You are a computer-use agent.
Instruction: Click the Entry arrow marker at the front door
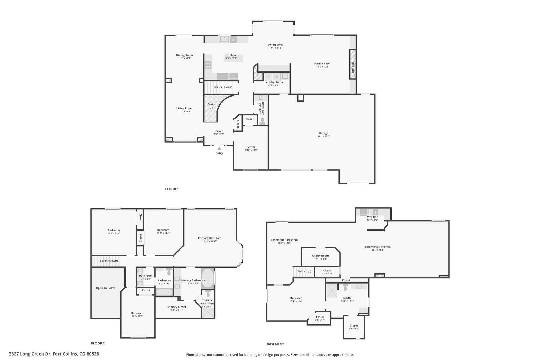pyautogui.click(x=219, y=148)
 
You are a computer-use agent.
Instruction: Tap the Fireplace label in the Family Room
pyautogui.click(x=353, y=67)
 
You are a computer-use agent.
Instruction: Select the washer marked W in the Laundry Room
pyautogui.click(x=277, y=77)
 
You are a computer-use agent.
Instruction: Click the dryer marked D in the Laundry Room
pyautogui.click(x=268, y=77)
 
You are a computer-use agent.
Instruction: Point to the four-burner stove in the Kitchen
pyautogui.click(x=208, y=65)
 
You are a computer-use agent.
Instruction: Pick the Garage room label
pyautogui.click(x=324, y=133)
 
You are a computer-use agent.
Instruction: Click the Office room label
pyautogui.click(x=251, y=147)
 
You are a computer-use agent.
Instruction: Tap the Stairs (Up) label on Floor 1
pyautogui.click(x=211, y=106)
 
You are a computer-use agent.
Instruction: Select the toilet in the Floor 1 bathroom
pyautogui.click(x=262, y=121)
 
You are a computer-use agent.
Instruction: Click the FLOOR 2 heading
pyautogui.click(x=98, y=343)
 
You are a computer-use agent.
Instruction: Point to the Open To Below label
pyautogui.click(x=106, y=288)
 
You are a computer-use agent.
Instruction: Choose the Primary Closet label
pyautogui.click(x=176, y=307)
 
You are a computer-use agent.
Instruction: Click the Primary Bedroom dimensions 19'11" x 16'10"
pyautogui.click(x=210, y=241)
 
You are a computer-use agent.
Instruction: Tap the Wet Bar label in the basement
pyautogui.click(x=372, y=217)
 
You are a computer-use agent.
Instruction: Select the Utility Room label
pyautogui.click(x=321, y=256)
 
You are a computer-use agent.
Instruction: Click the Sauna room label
pyautogui.click(x=347, y=298)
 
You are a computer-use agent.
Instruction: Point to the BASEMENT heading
pyautogui.click(x=276, y=344)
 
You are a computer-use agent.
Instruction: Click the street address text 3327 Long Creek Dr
pyautogui.click(x=30, y=354)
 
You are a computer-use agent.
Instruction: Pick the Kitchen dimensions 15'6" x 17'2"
pyautogui.click(x=231, y=58)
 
